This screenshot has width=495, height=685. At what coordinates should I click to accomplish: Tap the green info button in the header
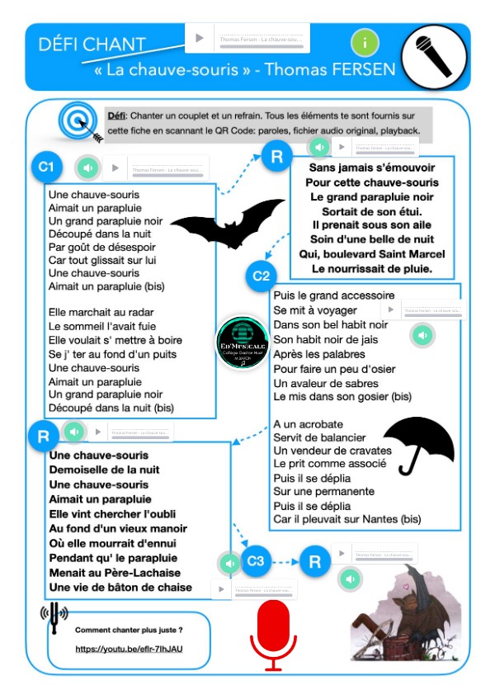click(365, 42)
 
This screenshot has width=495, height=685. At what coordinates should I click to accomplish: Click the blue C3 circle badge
click(256, 562)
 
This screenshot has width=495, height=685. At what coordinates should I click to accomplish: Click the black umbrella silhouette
click(420, 442)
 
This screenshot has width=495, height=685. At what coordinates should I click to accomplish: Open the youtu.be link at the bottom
click(129, 650)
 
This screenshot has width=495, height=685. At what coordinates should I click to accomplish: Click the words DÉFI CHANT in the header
click(92, 44)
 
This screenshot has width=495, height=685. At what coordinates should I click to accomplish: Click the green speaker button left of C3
click(229, 563)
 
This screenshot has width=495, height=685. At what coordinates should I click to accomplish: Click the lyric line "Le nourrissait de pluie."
click(372, 268)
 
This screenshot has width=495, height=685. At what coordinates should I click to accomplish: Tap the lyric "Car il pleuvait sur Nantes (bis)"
click(347, 519)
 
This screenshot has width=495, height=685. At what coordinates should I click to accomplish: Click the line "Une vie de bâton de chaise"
click(120, 587)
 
